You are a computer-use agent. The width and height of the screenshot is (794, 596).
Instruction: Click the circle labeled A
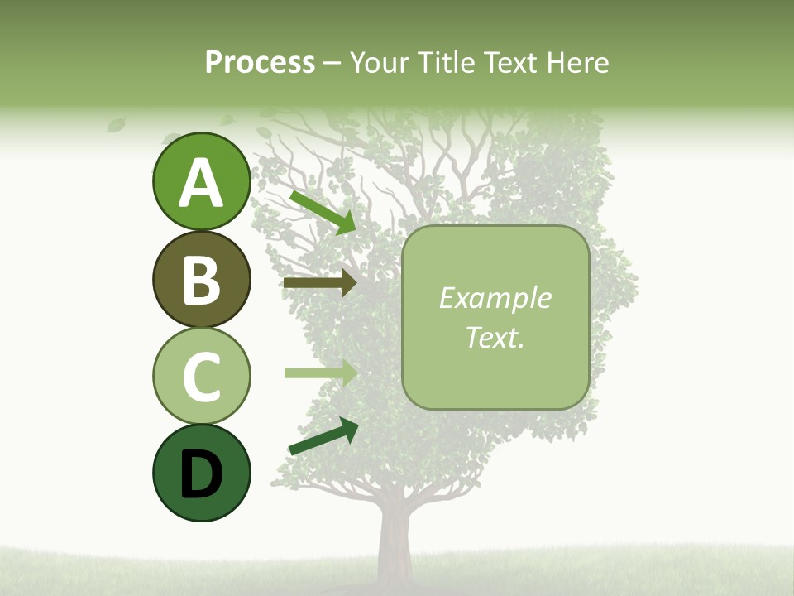pyautogui.click(x=201, y=181)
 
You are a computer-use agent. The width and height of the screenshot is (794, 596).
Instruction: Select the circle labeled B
pyautogui.click(x=201, y=279)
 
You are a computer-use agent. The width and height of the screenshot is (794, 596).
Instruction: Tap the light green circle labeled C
pyautogui.click(x=201, y=376)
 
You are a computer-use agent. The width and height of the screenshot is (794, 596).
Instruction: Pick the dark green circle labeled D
pyautogui.click(x=201, y=473)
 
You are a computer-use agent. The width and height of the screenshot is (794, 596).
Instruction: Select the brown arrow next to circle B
pyautogui.click(x=319, y=283)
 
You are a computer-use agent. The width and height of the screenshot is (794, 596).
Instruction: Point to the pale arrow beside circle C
pyautogui.click(x=319, y=372)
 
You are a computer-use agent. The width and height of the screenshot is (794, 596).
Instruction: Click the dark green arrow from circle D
pyautogui.click(x=323, y=436)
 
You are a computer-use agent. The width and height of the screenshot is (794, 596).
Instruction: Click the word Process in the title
pyautogui.click(x=260, y=63)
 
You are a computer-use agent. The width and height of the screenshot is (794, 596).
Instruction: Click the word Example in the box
pyautogui.click(x=495, y=298)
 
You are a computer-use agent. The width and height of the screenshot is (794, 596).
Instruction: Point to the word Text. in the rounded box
pyautogui.click(x=495, y=337)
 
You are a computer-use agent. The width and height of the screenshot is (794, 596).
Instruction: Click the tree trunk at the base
pyautogui.click(x=395, y=546)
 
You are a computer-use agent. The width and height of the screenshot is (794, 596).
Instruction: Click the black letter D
pyautogui.click(x=201, y=474)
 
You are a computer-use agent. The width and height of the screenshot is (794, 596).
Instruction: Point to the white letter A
pyautogui.click(x=201, y=183)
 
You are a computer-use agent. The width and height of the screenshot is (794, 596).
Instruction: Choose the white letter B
pyautogui.click(x=201, y=280)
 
